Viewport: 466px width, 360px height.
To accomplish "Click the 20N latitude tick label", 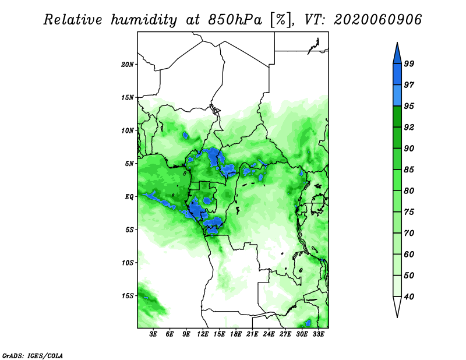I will [x=128, y=64].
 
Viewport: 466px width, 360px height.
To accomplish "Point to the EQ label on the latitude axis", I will [x=129, y=196].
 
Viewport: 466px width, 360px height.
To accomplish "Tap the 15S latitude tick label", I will [x=128, y=295].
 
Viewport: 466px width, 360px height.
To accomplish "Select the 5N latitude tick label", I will [x=129, y=164].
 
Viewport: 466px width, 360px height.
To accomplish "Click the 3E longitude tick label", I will [x=154, y=334].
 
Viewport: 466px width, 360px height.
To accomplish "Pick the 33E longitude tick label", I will [x=318, y=334].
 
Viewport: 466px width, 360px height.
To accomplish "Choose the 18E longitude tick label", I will [x=236, y=334].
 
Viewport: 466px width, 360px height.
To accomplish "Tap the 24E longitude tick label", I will [x=269, y=334].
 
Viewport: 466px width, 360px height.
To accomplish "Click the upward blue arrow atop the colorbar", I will [x=397, y=52].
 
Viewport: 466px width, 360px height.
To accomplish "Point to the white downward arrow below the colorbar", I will [x=397, y=307].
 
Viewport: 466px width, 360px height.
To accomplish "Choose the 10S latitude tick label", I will [x=128, y=263].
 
